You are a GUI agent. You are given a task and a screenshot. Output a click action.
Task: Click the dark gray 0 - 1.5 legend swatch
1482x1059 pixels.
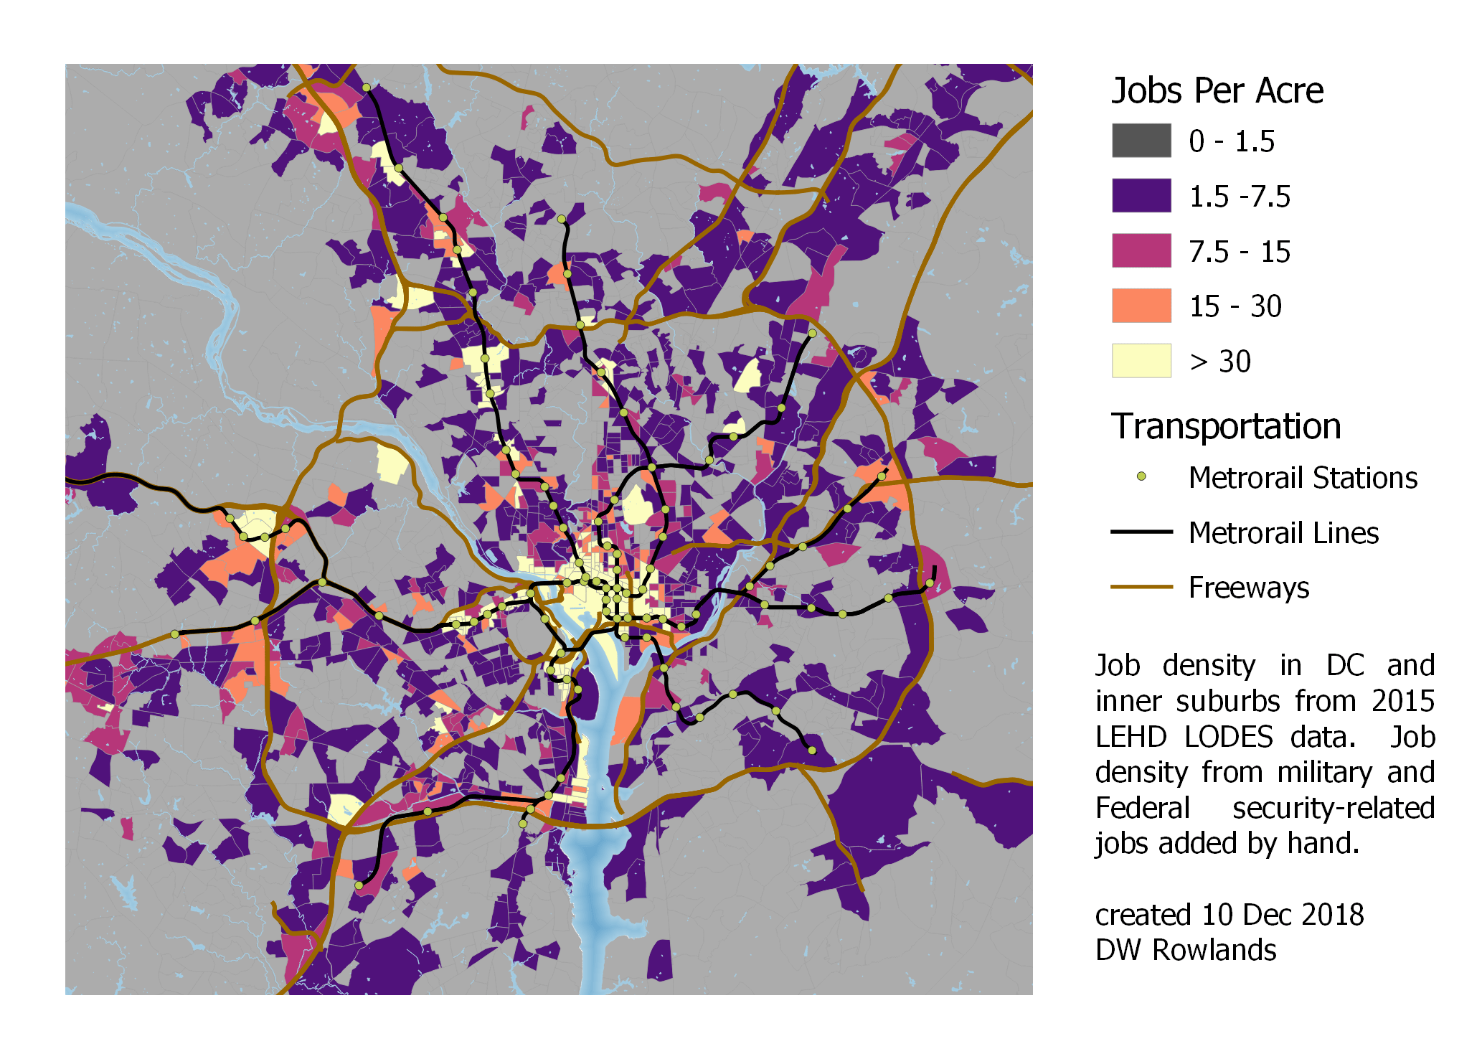click(x=1141, y=141)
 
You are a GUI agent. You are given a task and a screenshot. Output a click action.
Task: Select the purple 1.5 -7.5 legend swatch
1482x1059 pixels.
click(x=1141, y=195)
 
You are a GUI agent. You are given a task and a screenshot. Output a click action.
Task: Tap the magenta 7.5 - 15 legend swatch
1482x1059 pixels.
click(x=1141, y=250)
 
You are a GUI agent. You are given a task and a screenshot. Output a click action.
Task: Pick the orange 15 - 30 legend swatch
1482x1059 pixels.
click(x=1141, y=306)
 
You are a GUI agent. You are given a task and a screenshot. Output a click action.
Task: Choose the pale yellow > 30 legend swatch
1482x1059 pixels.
click(x=1141, y=360)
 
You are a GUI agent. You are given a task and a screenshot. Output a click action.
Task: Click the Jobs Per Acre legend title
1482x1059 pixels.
click(x=1217, y=91)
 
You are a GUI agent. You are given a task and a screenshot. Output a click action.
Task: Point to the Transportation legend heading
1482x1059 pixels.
click(x=1225, y=426)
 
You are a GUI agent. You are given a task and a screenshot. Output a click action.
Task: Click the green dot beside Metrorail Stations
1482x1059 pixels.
click(x=1141, y=476)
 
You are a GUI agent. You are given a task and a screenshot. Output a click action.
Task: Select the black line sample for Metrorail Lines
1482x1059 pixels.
click(x=1141, y=532)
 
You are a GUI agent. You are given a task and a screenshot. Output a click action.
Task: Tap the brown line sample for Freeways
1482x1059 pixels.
click(x=1141, y=587)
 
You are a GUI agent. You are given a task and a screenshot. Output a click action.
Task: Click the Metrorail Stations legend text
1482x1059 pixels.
click(x=1303, y=478)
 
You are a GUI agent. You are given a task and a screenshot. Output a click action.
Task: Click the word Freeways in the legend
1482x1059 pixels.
click(x=1248, y=588)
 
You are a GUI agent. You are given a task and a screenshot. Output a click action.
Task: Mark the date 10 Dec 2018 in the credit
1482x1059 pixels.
click(x=1283, y=915)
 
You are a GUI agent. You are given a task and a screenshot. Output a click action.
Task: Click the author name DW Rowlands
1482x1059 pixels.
click(x=1185, y=950)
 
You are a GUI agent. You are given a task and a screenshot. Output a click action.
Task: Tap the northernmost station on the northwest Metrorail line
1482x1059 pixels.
click(x=366, y=88)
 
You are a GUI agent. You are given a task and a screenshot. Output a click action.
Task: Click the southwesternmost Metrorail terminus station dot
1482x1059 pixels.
click(x=359, y=885)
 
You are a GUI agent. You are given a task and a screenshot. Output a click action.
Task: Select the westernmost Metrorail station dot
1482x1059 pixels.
click(x=174, y=634)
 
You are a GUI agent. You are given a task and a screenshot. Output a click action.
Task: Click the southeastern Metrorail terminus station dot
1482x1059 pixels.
click(x=812, y=750)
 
